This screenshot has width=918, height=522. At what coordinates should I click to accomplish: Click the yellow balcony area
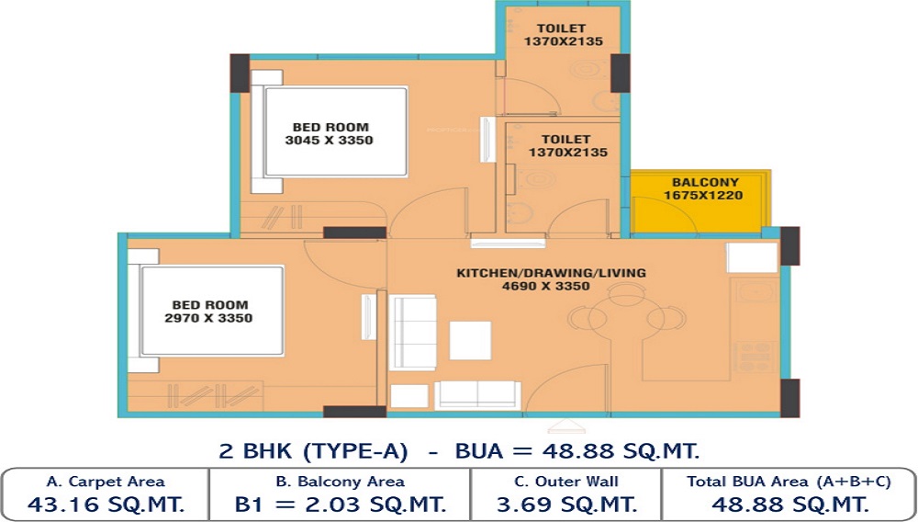tap(700, 202)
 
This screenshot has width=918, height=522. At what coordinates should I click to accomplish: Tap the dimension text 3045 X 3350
tap(329, 141)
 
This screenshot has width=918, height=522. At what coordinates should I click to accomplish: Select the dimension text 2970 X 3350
tap(208, 318)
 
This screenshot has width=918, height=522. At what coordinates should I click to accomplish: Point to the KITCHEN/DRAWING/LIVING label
tap(551, 273)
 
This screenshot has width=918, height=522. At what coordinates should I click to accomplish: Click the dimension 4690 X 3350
tap(545, 286)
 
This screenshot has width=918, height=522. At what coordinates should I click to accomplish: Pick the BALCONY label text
tap(705, 182)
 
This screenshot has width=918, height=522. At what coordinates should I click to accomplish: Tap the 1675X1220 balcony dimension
tap(703, 195)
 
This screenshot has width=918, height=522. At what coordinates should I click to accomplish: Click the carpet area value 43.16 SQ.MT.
tap(106, 504)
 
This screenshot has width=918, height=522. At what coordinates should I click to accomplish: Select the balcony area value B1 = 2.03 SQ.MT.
tap(341, 504)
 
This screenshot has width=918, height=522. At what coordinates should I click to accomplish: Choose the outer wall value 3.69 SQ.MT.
tap(566, 504)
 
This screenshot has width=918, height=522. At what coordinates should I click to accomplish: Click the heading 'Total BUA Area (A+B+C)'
tap(789, 482)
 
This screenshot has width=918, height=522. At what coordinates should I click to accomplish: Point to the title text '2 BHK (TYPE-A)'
tap(313, 451)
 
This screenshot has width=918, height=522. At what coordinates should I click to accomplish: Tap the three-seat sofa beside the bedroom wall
tap(413, 332)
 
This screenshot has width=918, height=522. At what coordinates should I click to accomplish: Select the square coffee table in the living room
tap(470, 340)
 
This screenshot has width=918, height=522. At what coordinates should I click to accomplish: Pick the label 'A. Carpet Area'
tap(106, 482)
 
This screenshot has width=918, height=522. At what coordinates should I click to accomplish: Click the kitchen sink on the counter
tap(756, 290)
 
